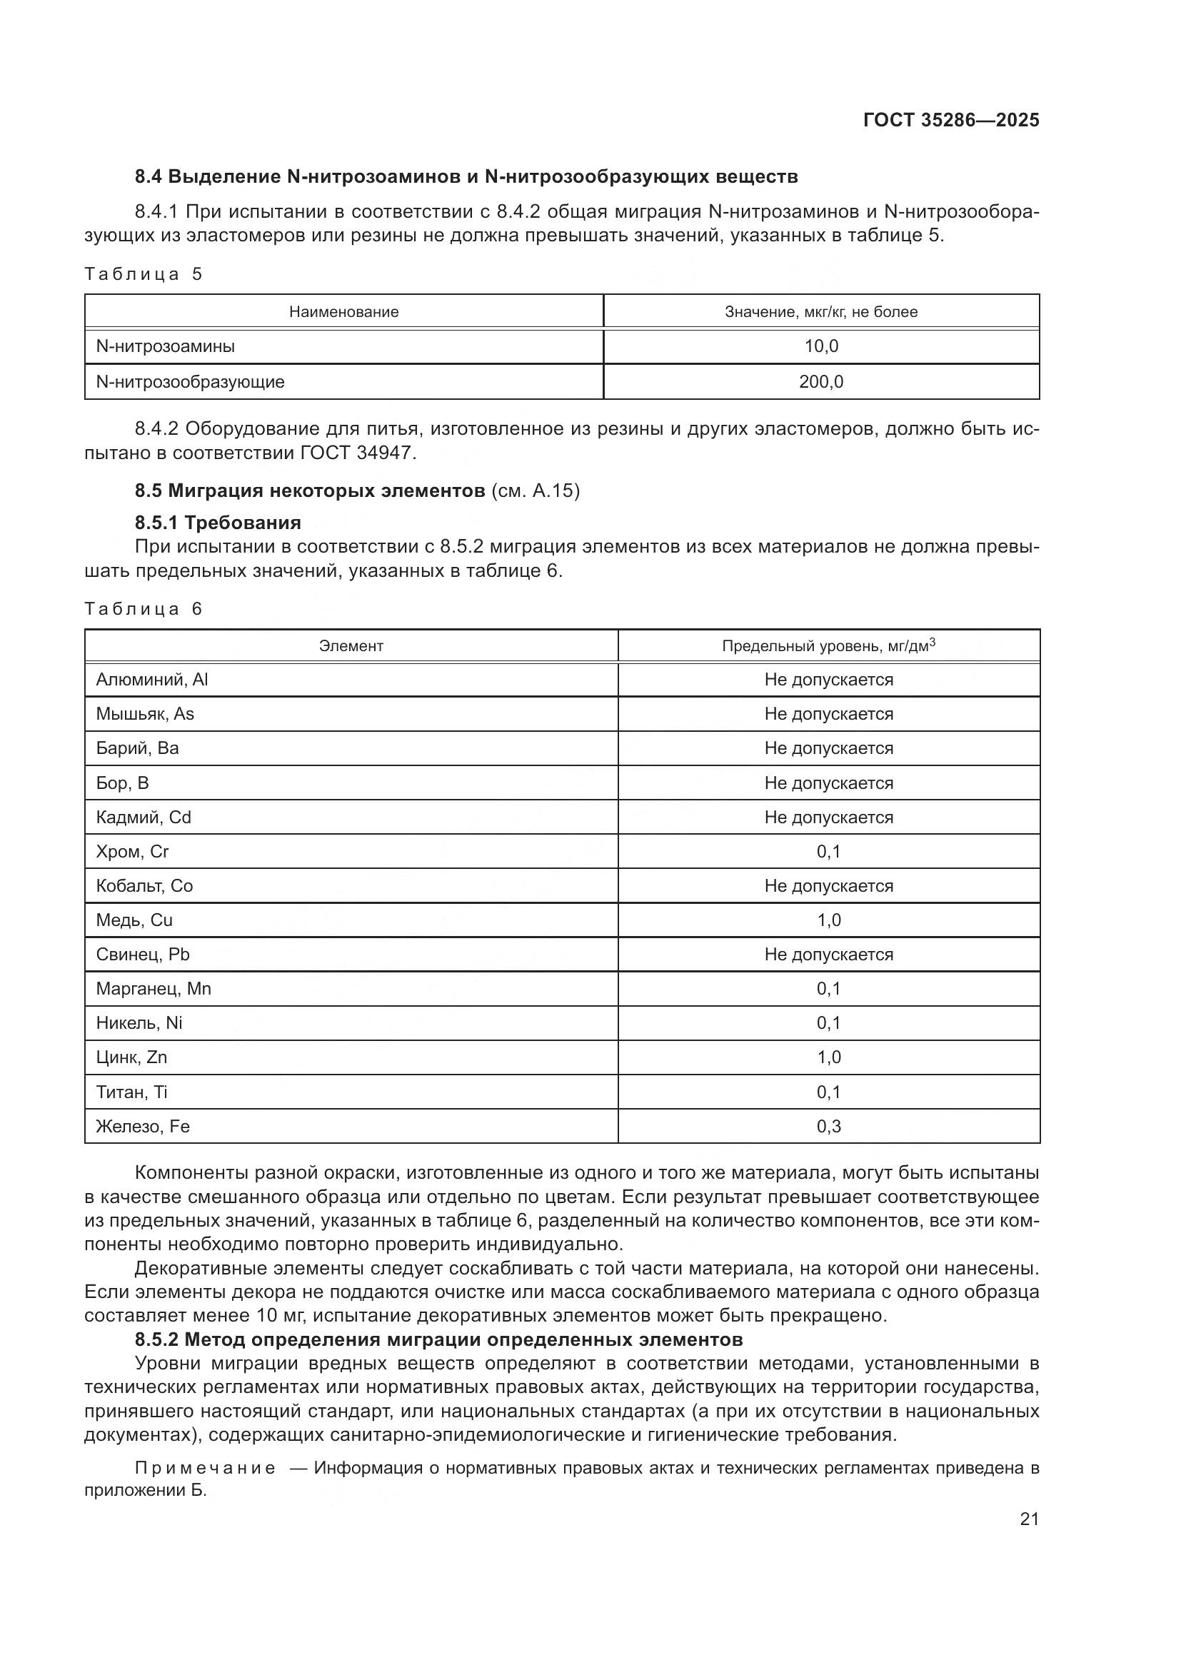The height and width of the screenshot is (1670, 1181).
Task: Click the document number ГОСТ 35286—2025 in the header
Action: pos(951,120)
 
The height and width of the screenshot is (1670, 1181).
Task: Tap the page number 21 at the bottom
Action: pos(1029,1519)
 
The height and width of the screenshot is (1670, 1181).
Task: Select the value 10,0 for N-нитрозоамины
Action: pos(821,346)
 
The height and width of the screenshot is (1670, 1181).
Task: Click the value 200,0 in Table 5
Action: pos(821,382)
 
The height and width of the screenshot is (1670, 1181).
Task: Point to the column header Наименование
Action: pos(344,312)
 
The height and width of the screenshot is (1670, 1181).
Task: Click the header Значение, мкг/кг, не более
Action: pos(821,312)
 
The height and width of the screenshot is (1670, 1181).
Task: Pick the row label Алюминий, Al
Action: pos(152,679)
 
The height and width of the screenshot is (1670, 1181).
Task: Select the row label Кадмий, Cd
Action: pos(144,817)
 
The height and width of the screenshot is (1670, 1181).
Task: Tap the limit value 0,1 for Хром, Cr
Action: pos(828,851)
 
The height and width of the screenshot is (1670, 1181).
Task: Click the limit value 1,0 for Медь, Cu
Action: pos(828,920)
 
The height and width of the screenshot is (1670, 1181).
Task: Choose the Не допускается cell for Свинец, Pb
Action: pos(828,955)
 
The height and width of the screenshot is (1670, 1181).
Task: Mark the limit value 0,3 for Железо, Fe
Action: pos(828,1126)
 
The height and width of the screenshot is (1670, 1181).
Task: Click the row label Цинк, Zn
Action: pos(131,1057)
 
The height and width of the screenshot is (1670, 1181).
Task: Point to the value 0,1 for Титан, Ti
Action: pos(828,1092)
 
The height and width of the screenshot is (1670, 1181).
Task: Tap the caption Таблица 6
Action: pos(144,609)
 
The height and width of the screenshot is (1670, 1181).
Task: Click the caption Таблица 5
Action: pos(144,274)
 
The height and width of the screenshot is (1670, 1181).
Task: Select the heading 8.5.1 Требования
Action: pos(218,522)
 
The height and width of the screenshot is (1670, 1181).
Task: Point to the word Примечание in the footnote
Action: pos(205,1468)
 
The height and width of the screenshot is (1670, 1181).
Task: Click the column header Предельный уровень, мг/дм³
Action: pos(828,646)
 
